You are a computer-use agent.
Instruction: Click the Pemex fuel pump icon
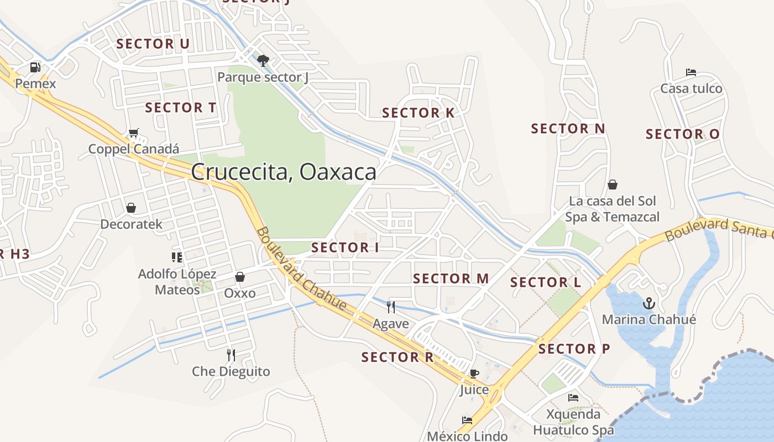point(35,67)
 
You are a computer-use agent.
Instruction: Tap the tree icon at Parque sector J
point(263,60)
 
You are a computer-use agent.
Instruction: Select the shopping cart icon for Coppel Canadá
point(133,133)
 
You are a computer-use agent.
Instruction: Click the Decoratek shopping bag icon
point(131,208)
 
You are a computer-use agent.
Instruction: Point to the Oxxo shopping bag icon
point(240,277)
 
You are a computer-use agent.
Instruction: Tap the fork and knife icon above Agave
point(391,307)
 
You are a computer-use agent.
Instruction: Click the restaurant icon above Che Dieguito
point(231,355)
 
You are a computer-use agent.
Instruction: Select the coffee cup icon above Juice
point(474,373)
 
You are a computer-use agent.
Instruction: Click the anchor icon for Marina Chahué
point(649,303)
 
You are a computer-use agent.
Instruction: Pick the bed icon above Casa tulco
point(691,72)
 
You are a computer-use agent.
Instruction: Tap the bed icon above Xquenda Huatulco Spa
point(573,398)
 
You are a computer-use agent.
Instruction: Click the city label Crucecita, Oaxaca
point(284,172)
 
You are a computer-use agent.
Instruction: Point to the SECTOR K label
point(418,113)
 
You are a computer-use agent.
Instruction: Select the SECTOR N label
point(568,129)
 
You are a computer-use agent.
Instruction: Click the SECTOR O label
point(682,134)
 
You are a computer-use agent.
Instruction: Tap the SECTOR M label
point(451,278)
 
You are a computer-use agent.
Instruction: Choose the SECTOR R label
point(398,357)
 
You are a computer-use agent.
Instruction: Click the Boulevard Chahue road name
point(301,269)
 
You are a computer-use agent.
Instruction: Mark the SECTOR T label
point(180,108)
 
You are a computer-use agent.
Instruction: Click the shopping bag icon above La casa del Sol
point(613,185)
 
